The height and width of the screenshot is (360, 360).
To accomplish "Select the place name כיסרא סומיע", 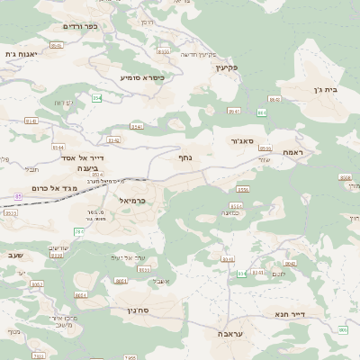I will click(x=142, y=78).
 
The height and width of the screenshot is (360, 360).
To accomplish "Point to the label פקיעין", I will click(x=226, y=67).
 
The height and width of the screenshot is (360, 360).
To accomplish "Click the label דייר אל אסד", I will click(x=83, y=157).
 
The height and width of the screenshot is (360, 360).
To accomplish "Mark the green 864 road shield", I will click(x=262, y=112).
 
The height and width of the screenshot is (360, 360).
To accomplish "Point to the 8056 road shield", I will click(x=242, y=190).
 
